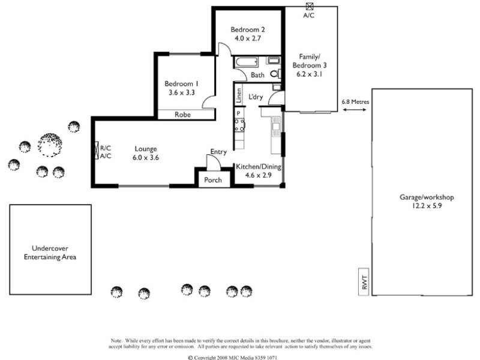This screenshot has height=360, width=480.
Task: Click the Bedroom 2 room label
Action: (248, 34)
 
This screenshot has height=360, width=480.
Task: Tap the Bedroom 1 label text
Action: (181, 88)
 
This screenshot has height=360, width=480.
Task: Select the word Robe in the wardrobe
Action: (183, 114)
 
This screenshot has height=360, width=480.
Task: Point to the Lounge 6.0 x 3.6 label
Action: (145, 153)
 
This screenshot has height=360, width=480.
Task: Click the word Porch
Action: (213, 180)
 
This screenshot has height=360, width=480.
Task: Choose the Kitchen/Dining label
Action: (259, 171)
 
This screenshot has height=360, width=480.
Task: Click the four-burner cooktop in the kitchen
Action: (239, 125)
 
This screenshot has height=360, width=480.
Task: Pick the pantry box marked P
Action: (238, 113)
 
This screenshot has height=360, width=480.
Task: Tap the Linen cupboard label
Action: (238, 96)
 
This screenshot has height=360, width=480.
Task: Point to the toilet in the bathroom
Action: (275, 74)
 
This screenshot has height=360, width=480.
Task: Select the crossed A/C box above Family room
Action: (309, 6)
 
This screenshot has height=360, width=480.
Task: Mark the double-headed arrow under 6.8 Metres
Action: (355, 112)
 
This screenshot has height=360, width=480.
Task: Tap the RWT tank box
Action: (364, 281)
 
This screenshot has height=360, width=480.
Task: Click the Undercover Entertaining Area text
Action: (50, 253)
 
